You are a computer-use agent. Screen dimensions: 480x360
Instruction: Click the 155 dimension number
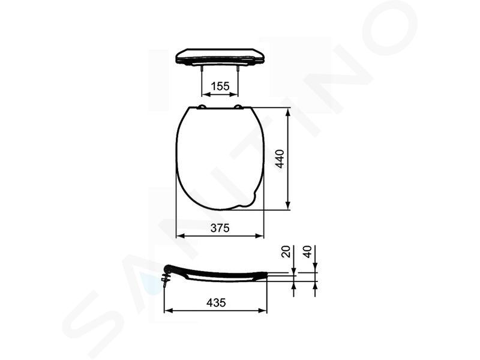[220, 86]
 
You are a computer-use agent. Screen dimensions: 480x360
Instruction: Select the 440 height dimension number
[280, 158]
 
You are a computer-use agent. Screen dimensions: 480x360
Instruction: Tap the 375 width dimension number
[220, 228]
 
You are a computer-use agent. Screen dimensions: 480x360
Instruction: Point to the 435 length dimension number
[216, 303]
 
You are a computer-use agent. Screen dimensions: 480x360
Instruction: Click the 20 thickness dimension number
[286, 251]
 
